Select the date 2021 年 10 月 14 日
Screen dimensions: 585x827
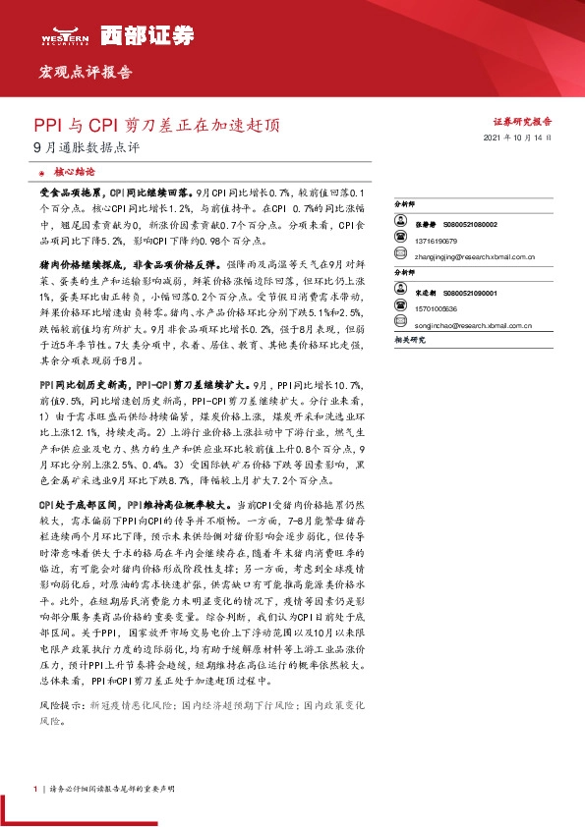coord(518,140)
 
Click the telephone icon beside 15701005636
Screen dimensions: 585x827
coord(398,307)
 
